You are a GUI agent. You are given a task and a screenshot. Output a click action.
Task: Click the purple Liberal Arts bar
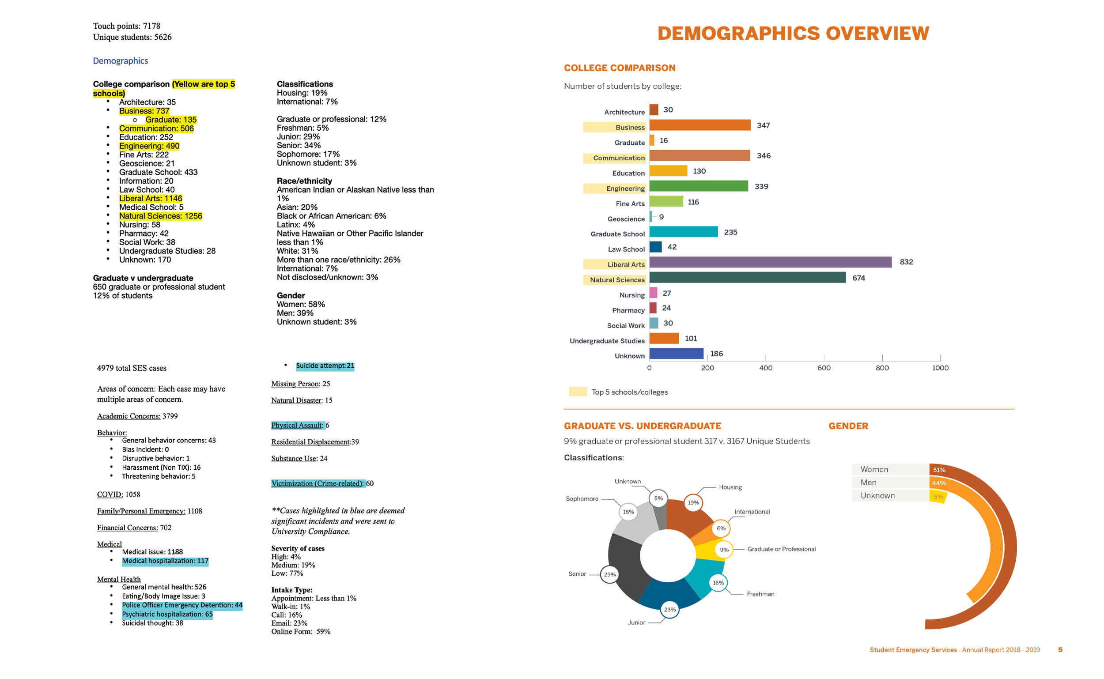point(770,262)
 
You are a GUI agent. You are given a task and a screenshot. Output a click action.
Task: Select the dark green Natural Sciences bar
point(747,278)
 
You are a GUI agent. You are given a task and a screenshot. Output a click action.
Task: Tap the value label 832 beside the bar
point(905,262)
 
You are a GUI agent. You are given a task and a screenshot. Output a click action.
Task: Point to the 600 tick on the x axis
point(823,368)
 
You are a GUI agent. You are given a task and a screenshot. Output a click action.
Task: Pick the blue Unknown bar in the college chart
point(676,354)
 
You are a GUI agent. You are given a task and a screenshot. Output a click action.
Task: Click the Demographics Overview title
point(793,34)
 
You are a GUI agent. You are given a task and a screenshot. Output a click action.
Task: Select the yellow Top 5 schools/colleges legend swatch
point(577,392)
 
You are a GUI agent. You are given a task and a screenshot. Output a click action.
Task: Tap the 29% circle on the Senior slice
point(609,574)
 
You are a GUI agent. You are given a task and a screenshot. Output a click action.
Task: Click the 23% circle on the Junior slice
point(669,609)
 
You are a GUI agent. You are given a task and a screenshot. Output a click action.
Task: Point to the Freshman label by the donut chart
point(760,594)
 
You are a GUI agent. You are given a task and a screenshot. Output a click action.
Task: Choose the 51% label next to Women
point(939,470)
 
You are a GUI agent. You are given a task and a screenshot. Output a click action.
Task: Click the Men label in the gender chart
point(868,482)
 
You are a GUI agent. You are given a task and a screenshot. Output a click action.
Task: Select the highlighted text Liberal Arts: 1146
point(151,199)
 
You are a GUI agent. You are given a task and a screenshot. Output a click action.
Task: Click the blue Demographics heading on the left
point(121,60)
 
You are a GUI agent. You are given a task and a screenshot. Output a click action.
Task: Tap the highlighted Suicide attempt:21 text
point(325,366)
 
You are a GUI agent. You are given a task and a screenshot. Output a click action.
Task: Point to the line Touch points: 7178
point(127,26)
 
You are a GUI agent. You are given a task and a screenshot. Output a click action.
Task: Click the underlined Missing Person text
point(295,384)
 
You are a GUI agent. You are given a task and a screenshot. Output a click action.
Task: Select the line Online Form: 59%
point(300,631)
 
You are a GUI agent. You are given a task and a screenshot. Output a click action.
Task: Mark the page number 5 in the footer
point(1060,649)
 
